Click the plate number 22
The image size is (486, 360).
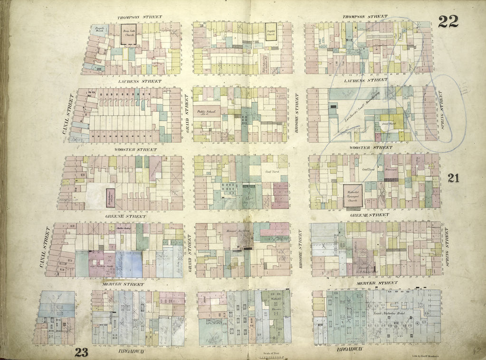[x=448, y=21]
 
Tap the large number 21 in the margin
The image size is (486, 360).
[x=453, y=178]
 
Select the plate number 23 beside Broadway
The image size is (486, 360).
[x=81, y=352]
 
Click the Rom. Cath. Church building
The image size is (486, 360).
[x=128, y=34]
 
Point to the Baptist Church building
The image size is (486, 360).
[x=271, y=31]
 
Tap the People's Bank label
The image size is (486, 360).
[x=99, y=31]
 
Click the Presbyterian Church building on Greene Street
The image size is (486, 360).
[x=110, y=197]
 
